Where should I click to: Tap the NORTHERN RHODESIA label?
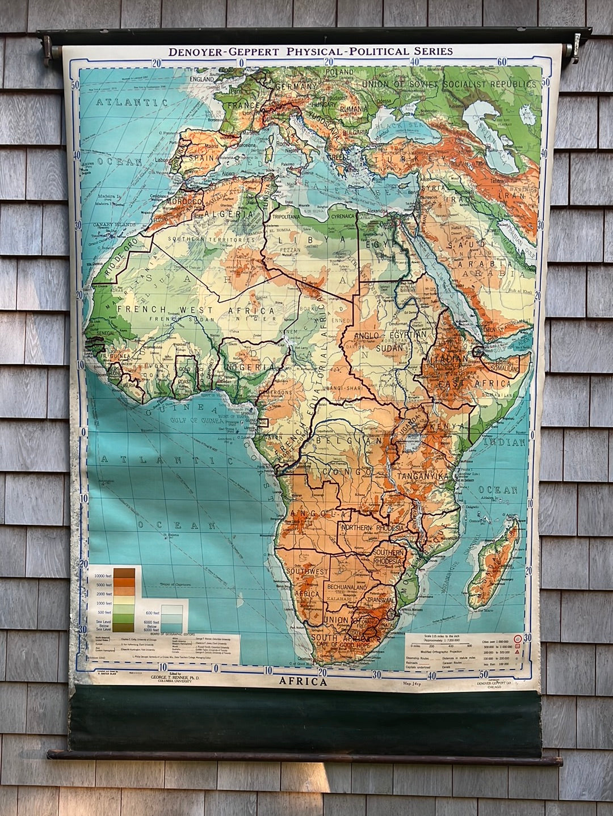point(373,528)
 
